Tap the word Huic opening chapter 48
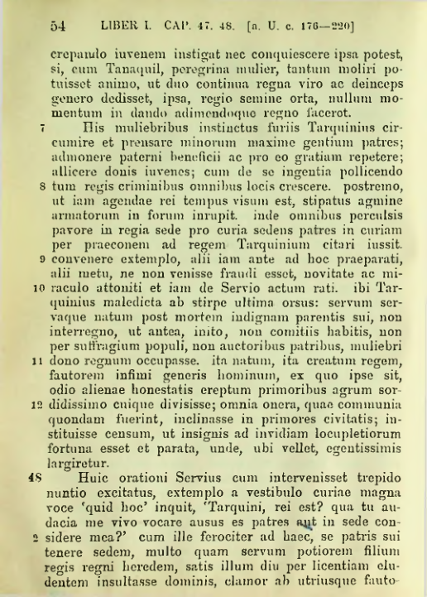tap(93, 479)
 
